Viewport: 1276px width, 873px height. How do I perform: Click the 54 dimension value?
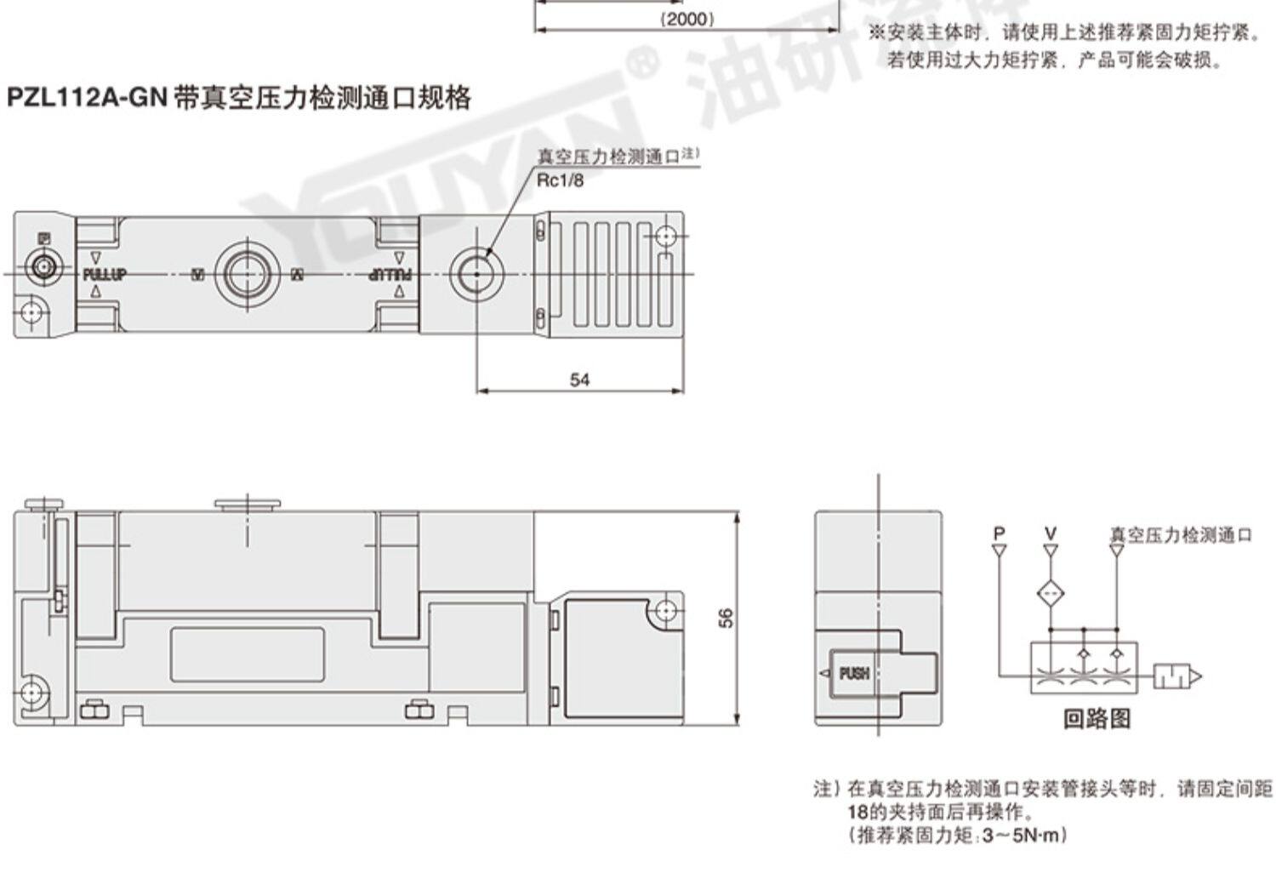point(579,379)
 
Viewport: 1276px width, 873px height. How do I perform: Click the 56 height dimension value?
point(726,618)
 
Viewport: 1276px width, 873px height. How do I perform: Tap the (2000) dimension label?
point(687,19)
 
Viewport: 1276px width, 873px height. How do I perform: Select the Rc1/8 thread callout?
point(560,180)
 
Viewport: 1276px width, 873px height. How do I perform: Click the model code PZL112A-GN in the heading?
point(85,98)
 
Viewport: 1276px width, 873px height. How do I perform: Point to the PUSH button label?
point(854,674)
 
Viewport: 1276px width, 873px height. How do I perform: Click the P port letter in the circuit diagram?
point(999,533)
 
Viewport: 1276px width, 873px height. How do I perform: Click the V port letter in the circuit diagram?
point(1051,533)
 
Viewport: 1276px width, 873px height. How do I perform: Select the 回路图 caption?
point(1097,719)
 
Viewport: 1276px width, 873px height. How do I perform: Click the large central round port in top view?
point(247,274)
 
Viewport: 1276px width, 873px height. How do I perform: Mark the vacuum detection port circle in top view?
point(476,274)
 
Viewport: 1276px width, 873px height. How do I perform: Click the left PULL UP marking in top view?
point(104,274)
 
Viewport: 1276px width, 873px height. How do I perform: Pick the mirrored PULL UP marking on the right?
point(390,274)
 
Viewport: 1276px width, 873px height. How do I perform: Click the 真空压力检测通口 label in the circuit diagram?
point(1181,535)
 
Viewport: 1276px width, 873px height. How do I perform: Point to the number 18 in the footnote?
point(857,812)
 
